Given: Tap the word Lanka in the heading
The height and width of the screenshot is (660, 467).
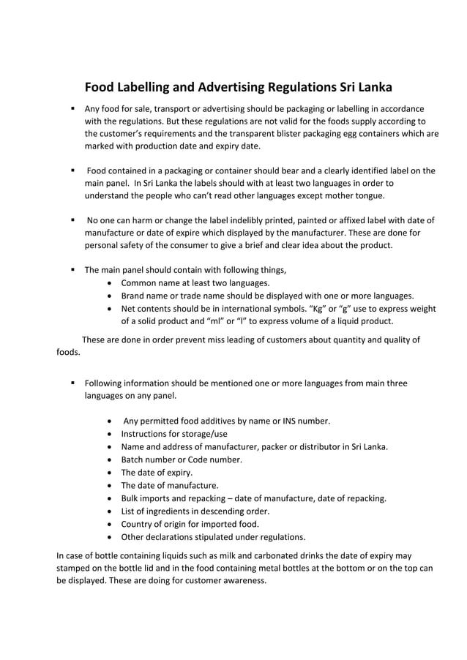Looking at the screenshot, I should (371, 87).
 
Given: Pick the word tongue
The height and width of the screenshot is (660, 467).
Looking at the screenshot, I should (367, 195).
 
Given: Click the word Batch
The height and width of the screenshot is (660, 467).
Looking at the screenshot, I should (134, 460).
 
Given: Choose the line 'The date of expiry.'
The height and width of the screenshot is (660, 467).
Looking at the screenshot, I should (157, 473).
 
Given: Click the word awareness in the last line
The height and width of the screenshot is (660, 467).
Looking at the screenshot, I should (246, 581).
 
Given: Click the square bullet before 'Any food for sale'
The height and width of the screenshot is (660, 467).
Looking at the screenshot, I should (73, 108).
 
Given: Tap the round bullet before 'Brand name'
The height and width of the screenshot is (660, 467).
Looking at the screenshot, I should (109, 296).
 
